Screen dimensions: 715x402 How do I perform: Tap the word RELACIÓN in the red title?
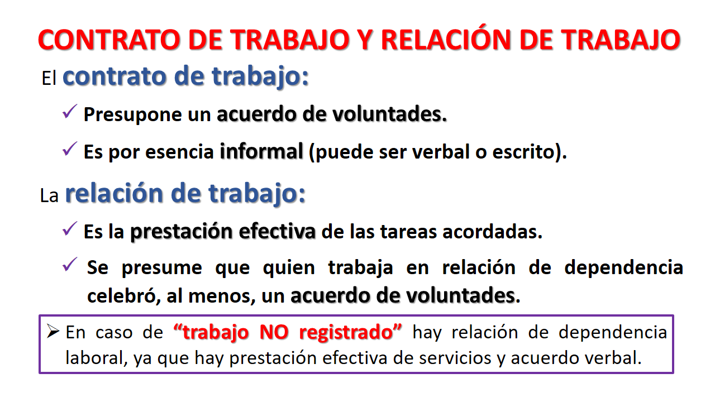coord(446,39)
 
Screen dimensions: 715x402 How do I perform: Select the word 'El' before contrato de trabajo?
coord(49,78)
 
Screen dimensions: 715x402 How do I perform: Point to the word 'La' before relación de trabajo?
coord(49,195)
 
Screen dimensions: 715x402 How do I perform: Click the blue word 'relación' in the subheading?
coord(114,193)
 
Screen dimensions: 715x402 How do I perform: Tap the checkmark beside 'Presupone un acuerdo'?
coord(70,112)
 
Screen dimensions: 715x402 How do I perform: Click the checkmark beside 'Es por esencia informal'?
coord(70,149)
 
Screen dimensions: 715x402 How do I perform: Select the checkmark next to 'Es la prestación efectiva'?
coord(70,229)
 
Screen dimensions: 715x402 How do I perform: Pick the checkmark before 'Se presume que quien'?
coord(70,265)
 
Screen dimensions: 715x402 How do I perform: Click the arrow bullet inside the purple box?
coord(53,332)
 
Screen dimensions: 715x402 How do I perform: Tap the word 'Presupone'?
coord(132,115)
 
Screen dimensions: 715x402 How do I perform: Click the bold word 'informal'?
coord(261,151)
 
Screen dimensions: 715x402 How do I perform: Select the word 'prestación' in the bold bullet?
coord(182,232)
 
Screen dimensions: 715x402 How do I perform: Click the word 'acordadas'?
coord(489,232)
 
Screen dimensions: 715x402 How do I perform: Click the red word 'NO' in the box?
coord(274,332)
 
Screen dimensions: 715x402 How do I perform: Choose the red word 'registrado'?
coord(346,333)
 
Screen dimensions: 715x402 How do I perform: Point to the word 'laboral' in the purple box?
coord(94,358)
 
